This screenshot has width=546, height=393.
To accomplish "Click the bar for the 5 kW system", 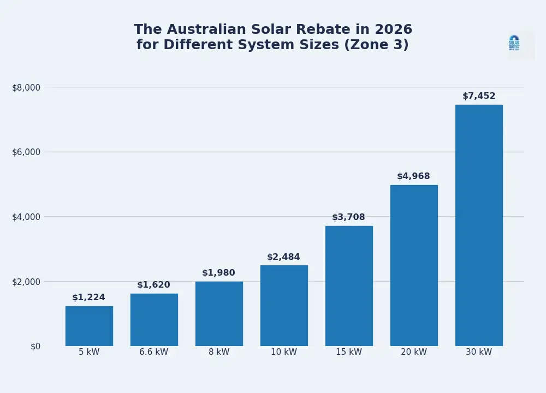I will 89,326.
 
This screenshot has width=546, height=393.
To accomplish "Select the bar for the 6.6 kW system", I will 154,320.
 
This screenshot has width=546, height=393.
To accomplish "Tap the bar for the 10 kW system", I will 284,306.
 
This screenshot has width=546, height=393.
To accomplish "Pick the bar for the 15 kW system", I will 349,286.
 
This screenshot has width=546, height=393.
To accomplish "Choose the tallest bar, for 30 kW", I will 479,225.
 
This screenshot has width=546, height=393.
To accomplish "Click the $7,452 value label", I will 479,96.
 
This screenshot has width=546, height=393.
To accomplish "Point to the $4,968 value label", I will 413,176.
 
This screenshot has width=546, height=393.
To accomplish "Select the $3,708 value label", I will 348,217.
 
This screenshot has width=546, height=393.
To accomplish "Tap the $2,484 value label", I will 283,257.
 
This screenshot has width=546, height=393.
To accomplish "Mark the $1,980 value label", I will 218,273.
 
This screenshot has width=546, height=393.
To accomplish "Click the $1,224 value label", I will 88,297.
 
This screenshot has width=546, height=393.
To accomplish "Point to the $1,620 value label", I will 153,285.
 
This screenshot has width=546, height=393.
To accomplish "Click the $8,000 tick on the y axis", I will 26,87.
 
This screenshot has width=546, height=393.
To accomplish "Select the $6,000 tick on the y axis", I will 26,152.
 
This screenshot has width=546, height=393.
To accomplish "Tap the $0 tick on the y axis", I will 35,346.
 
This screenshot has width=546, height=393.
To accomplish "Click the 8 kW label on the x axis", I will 219,352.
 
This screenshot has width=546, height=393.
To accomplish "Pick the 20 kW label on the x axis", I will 414,352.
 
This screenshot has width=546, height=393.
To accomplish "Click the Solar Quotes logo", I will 514,43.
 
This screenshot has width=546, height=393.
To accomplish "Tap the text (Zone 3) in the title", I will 376,45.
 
